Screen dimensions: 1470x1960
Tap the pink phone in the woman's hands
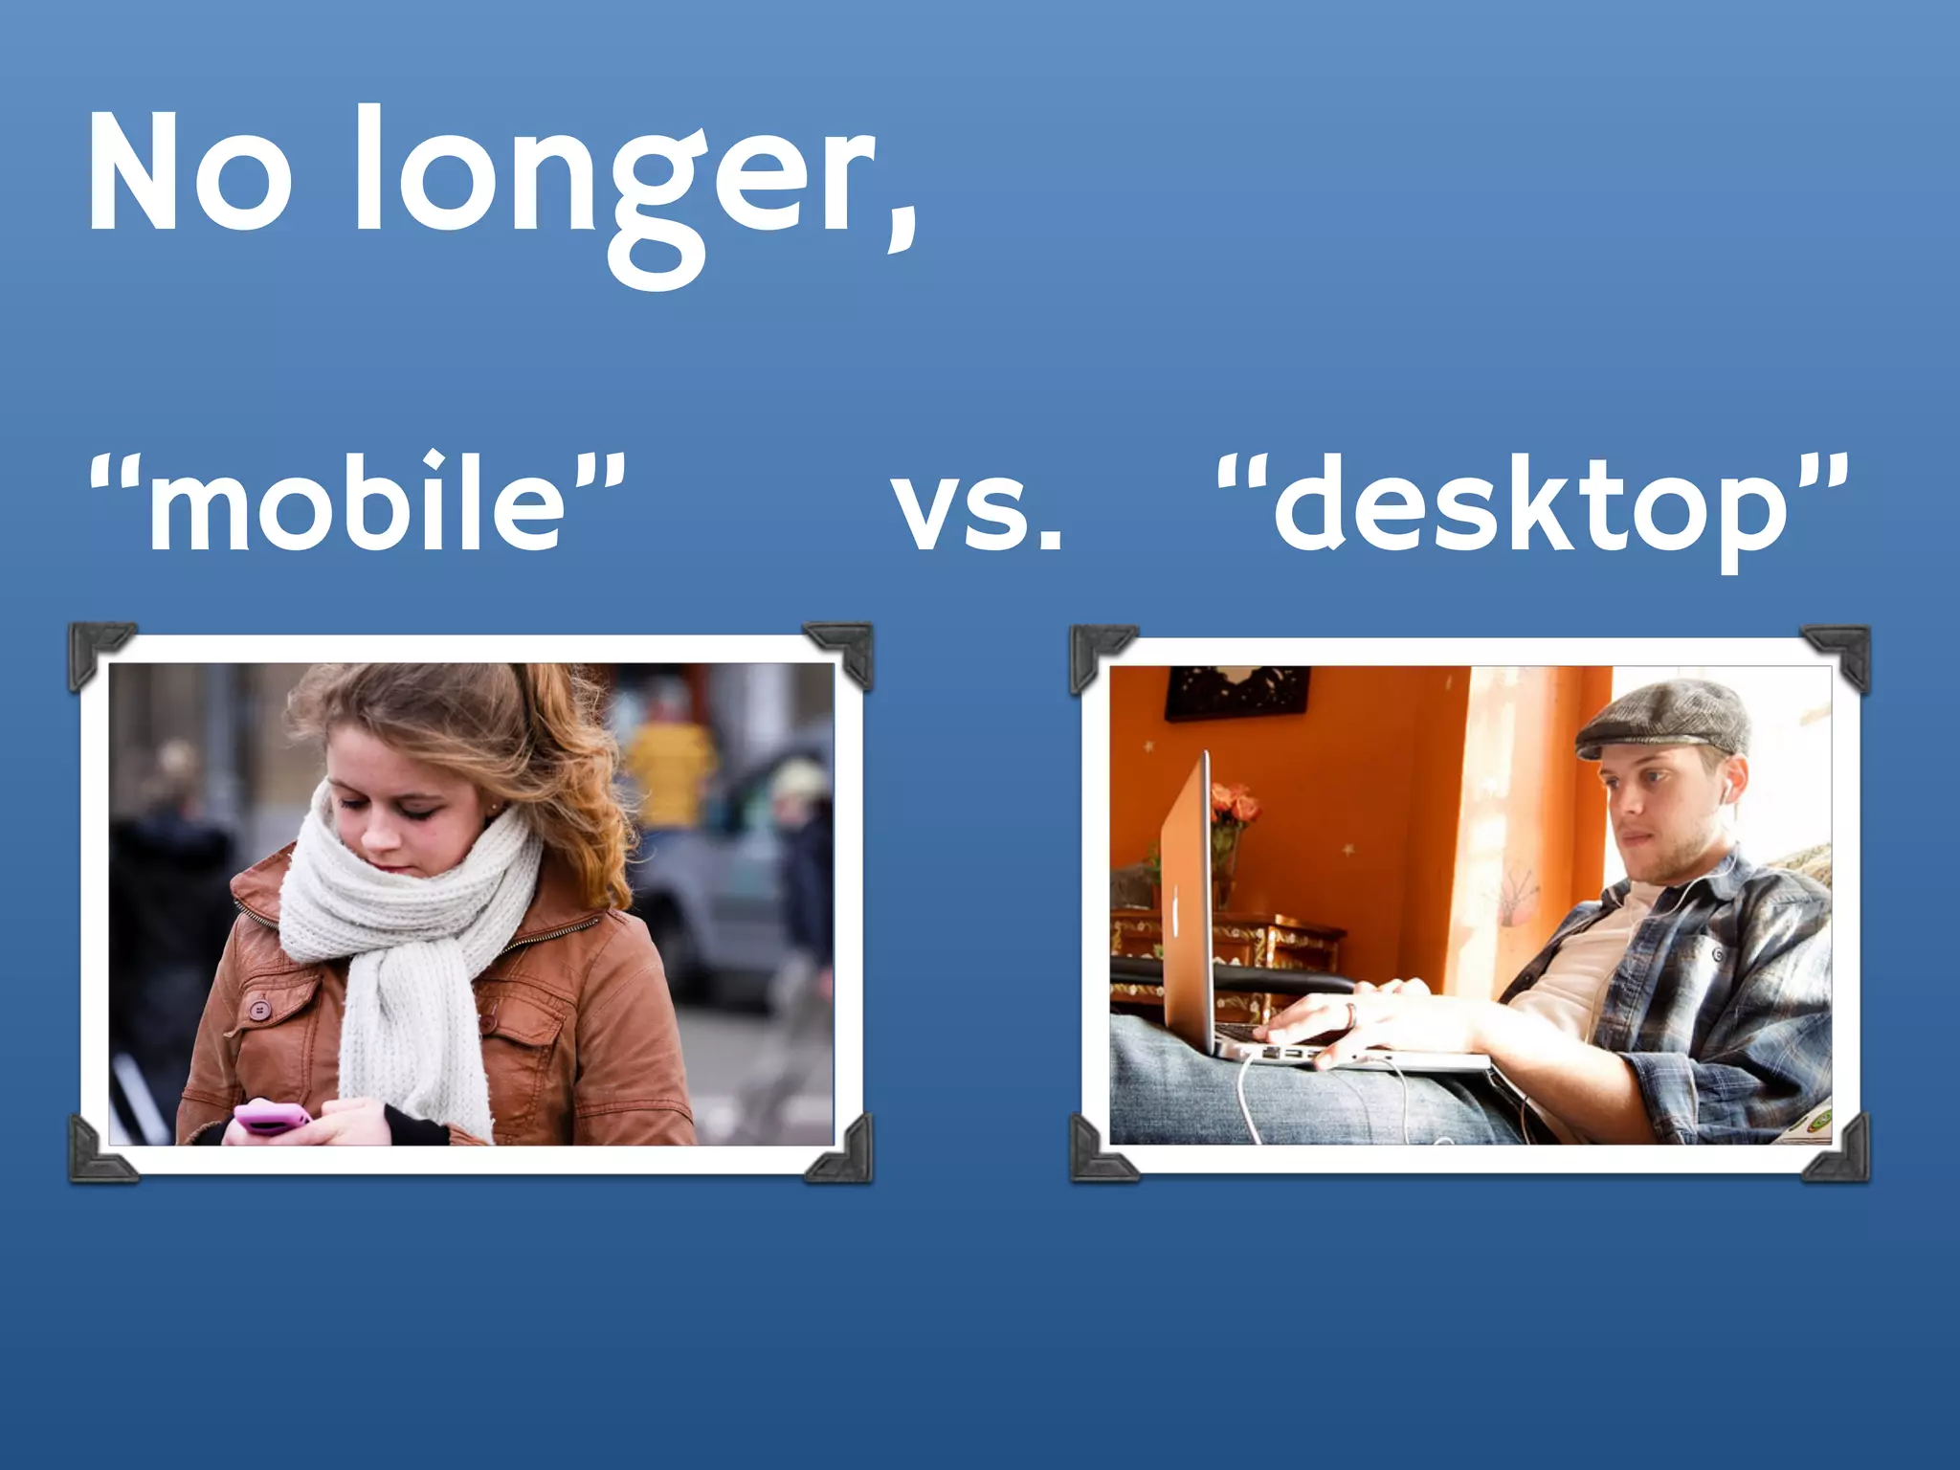click(273, 1117)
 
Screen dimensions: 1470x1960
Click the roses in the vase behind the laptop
click(1235, 804)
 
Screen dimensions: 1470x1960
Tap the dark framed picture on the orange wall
click(1236, 691)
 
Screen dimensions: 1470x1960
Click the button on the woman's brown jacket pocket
click(257, 1010)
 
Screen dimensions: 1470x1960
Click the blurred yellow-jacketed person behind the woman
click(670, 766)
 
